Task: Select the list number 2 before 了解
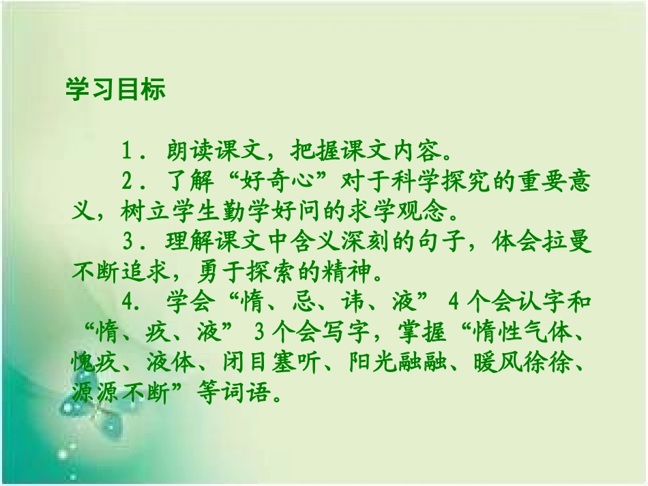tap(126, 183)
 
